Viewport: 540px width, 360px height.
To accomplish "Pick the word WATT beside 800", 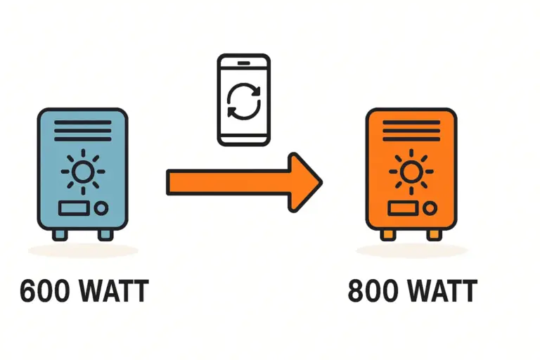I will coord(442,292).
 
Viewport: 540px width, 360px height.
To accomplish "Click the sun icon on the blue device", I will coord(82,171).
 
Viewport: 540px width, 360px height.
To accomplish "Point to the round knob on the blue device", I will coord(102,209).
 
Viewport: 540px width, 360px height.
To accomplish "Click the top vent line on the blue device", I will coord(82,122).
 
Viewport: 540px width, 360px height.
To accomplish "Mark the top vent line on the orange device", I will coord(411,122).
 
